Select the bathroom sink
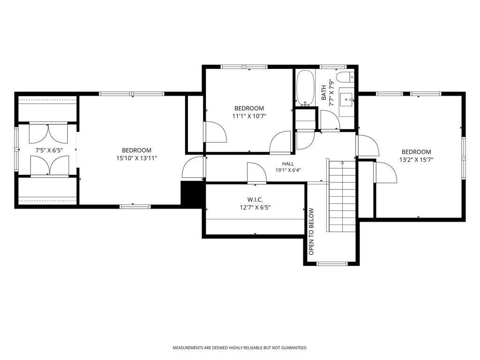pyautogui.click(x=346, y=99)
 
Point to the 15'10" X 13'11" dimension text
pyautogui.click(x=136, y=158)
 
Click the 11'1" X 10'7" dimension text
pyautogui.click(x=249, y=116)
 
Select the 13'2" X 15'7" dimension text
pyautogui.click(x=416, y=159)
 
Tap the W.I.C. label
pyautogui.click(x=255, y=200)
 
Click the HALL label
pyautogui.click(x=288, y=164)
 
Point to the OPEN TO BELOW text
pyautogui.click(x=311, y=232)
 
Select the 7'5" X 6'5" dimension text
pyautogui.click(x=49, y=150)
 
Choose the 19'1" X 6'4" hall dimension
pyautogui.click(x=288, y=171)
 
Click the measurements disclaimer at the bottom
pyautogui.click(x=240, y=348)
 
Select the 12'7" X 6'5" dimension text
pyautogui.click(x=255, y=208)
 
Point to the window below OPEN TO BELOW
pyautogui.click(x=331, y=263)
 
